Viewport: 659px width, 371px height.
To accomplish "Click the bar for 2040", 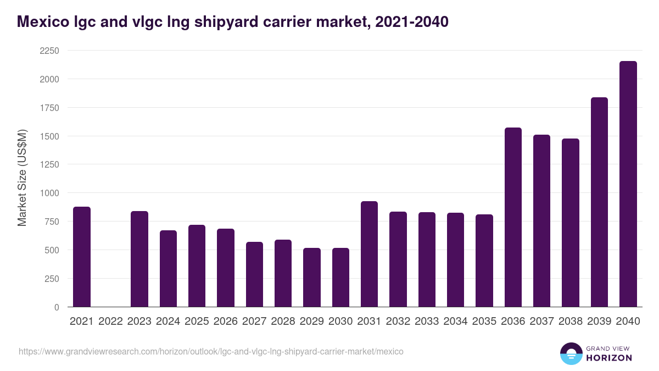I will [628, 184].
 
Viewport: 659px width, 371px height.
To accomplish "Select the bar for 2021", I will [82, 257].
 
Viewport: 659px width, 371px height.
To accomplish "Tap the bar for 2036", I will [513, 217].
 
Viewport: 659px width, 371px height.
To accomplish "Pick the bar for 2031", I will [369, 254].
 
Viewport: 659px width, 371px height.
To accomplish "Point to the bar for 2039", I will [599, 202].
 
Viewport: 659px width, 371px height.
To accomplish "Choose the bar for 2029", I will [312, 278].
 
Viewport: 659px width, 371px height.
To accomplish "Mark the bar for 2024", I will [168, 269].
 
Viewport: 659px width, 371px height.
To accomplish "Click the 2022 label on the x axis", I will [110, 322].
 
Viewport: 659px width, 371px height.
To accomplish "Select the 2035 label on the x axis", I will [484, 322].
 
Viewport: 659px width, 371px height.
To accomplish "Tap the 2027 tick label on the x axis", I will [254, 322].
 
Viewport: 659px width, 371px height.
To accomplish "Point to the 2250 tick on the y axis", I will [49, 51].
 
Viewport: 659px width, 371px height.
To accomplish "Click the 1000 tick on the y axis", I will [49, 193].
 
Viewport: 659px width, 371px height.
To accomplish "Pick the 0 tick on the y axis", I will [57, 307].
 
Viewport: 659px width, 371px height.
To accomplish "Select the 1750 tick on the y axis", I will [49, 108].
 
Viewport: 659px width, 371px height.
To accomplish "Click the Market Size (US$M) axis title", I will [22, 179].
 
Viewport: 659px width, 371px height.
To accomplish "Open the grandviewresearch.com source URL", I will [211, 351].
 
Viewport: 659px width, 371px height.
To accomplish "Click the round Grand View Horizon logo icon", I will [571, 353].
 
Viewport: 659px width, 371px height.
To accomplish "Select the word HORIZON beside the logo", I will [609, 358].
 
